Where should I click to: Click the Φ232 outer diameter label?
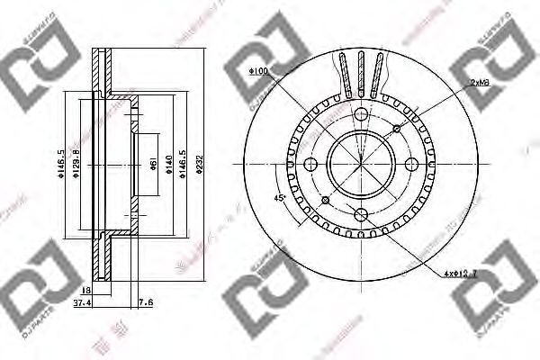[206, 167]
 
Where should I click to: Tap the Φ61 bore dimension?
[154, 165]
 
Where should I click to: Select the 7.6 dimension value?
[146, 304]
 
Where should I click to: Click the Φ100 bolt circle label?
[259, 70]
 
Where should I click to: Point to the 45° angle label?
[281, 197]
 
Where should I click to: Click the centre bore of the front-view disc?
[359, 165]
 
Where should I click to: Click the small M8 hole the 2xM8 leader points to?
[394, 130]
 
